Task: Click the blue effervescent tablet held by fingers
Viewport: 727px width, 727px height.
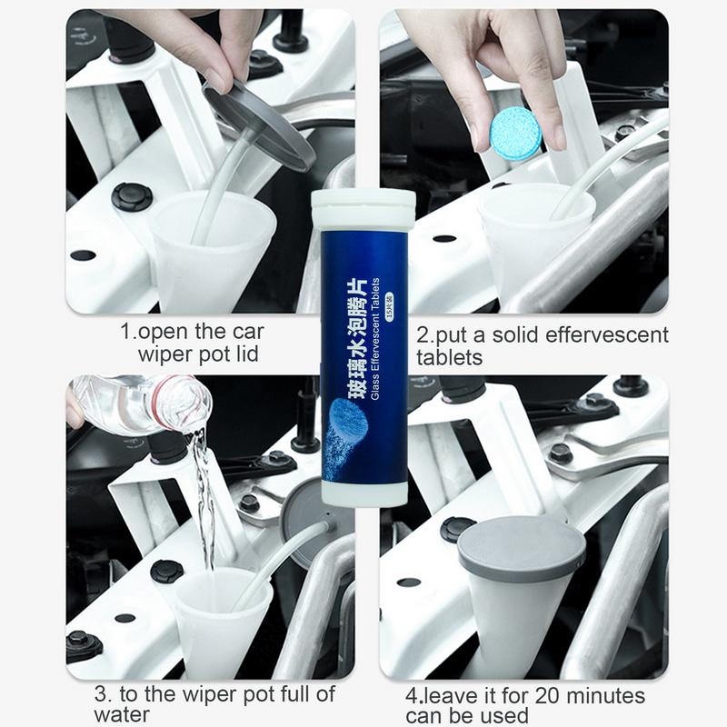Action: pos(515,134)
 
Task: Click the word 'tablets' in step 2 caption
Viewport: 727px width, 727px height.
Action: pos(449,356)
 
